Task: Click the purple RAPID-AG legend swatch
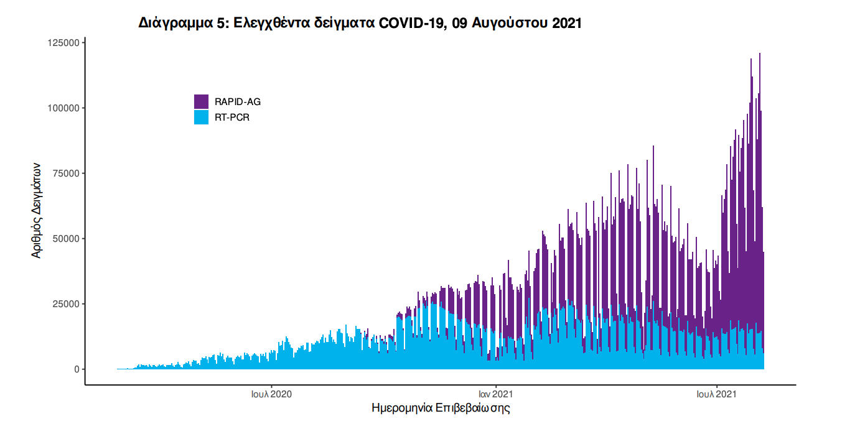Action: pos(201,101)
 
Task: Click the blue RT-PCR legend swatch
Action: pos(201,117)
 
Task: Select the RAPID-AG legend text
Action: pos(233,102)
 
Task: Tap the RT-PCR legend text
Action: pos(231,118)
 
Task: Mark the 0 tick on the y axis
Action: pos(77,369)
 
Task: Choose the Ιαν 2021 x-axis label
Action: pos(495,394)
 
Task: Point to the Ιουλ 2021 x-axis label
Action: pos(717,394)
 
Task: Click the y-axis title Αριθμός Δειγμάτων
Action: pos(37,210)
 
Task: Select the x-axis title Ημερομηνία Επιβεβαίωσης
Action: pos(441,409)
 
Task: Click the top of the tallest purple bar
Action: pos(760,54)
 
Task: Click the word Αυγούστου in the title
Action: pos(510,24)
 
